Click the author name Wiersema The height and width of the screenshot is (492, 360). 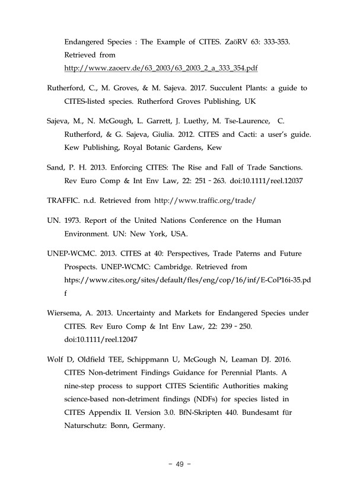66,313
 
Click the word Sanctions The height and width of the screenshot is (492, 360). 286,168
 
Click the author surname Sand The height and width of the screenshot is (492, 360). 56,168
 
